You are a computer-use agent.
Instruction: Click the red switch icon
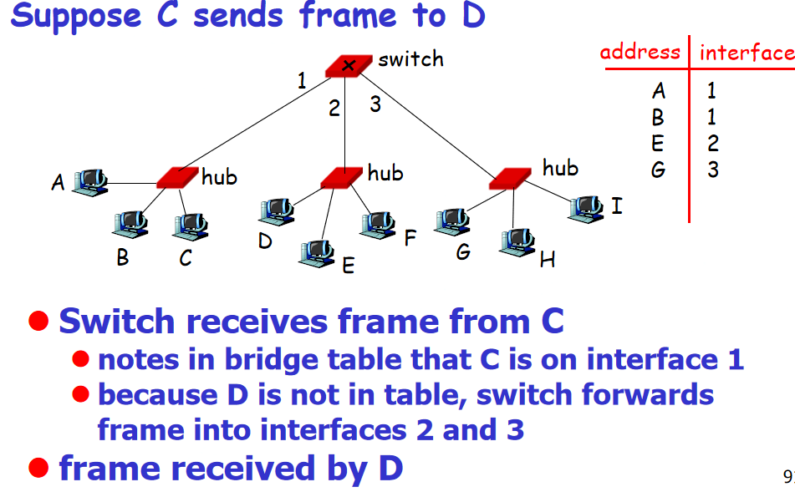pos(349,66)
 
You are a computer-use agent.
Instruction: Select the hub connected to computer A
pos(177,178)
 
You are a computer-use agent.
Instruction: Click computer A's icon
pos(89,180)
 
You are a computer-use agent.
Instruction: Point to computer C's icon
pos(191,224)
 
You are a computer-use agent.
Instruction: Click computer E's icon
pos(317,250)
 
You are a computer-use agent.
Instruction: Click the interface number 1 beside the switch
pos(302,81)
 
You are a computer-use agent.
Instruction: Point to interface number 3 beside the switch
pos(375,105)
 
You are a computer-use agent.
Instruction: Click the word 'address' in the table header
pos(640,52)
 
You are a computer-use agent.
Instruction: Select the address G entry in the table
pos(659,170)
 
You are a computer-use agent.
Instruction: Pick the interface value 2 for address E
pos(712,144)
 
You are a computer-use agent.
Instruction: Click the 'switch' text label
pos(410,59)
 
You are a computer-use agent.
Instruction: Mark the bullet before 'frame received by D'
pos(36,467)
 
